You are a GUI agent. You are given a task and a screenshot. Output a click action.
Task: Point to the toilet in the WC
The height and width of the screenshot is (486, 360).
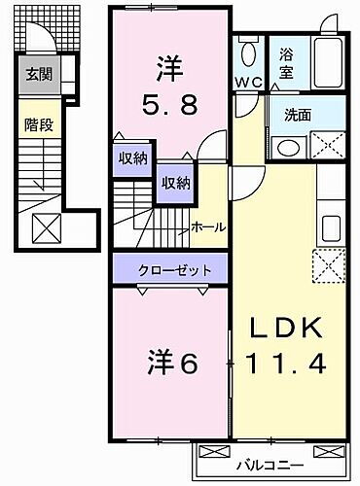pyautogui.click(x=248, y=52)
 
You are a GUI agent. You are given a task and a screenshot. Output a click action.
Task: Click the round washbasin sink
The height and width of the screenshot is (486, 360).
pyautogui.click(x=287, y=148)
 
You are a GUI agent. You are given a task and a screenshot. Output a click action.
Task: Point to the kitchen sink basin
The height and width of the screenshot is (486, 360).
pyautogui.click(x=330, y=229)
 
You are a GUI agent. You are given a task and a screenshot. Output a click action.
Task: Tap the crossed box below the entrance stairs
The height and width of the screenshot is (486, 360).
pyautogui.click(x=48, y=228)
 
